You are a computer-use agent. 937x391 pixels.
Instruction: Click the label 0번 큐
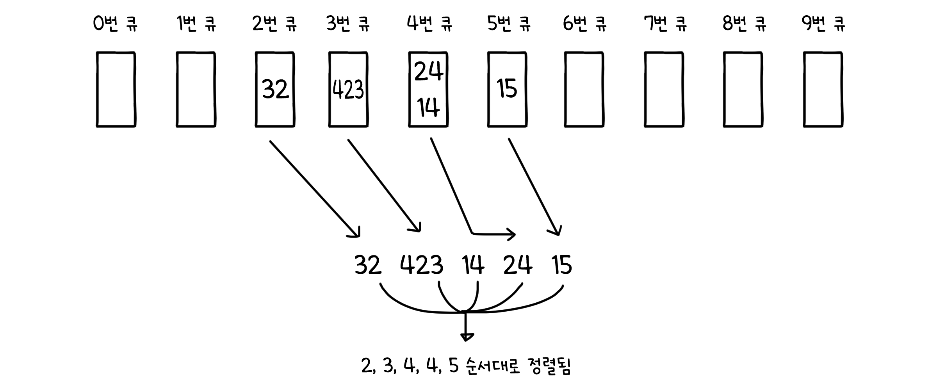[115, 24]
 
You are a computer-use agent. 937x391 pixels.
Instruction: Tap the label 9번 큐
[823, 24]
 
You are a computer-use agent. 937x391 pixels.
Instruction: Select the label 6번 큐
[584, 24]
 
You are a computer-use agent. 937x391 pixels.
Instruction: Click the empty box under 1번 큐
[196, 89]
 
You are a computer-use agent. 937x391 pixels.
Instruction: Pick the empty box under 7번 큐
[664, 89]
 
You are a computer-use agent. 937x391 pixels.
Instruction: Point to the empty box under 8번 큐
[743, 89]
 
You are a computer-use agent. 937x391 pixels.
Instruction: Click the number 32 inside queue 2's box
[275, 89]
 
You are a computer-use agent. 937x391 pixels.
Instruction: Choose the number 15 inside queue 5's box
[507, 88]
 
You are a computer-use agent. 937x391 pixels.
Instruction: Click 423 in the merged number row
[422, 266]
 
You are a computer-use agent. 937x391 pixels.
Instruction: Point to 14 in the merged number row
[473, 266]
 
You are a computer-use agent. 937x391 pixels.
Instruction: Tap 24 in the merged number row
[518, 266]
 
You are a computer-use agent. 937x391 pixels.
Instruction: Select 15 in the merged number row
[562, 266]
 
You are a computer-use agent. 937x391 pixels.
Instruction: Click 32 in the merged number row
[368, 266]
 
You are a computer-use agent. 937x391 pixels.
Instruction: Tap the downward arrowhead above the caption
[465, 336]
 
